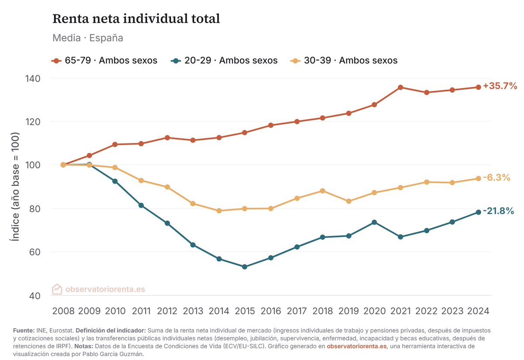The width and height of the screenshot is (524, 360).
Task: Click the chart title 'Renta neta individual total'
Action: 136,19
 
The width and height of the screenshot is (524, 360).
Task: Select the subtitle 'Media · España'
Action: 88,38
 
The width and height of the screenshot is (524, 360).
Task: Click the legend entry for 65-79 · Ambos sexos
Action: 104,61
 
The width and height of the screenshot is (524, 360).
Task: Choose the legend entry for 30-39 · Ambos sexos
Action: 344,61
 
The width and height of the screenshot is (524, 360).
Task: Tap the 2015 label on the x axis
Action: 245,311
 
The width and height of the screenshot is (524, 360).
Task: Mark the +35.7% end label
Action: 500,86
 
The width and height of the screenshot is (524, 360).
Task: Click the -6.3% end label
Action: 496,178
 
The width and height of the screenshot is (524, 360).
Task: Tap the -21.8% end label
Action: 498,211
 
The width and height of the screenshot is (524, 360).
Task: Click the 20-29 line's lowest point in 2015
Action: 245,267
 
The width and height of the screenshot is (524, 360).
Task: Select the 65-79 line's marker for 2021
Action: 400,87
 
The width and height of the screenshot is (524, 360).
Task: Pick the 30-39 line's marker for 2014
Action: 219,211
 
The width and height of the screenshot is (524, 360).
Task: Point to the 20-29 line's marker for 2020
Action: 374,222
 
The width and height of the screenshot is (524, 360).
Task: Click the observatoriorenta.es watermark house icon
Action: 57,289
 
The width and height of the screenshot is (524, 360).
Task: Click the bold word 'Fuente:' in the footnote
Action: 24,330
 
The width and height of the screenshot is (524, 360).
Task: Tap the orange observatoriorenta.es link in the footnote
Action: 357,346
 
